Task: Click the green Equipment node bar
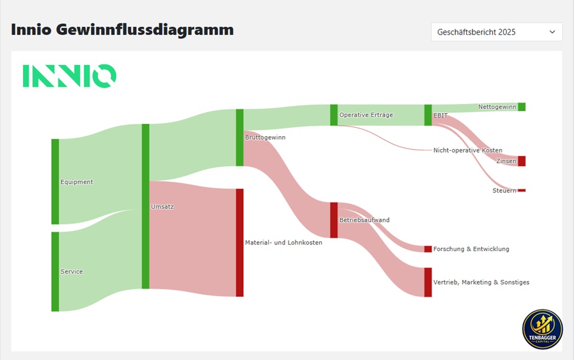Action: [x=55, y=181]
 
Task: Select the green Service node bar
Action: [x=55, y=271]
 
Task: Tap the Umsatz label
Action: [x=162, y=207]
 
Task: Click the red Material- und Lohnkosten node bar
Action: [x=240, y=243]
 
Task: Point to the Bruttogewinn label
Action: [x=265, y=137]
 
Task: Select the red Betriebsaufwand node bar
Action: [x=334, y=220]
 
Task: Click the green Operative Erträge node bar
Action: [x=334, y=115]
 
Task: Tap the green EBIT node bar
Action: [x=428, y=115]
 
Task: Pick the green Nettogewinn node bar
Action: [x=522, y=106]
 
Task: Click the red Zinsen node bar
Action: [x=522, y=161]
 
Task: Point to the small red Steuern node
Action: [x=522, y=190]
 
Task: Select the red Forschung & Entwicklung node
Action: [x=428, y=249]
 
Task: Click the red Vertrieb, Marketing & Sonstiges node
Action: [x=428, y=282]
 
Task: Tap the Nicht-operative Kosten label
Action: [x=468, y=150]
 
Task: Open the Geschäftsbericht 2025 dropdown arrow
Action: [x=552, y=32]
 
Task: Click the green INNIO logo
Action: [x=69, y=76]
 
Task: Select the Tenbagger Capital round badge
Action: [x=542, y=329]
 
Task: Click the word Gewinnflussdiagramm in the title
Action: [x=145, y=30]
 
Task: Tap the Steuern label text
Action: [x=504, y=190]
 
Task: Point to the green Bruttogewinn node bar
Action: [x=240, y=137]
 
